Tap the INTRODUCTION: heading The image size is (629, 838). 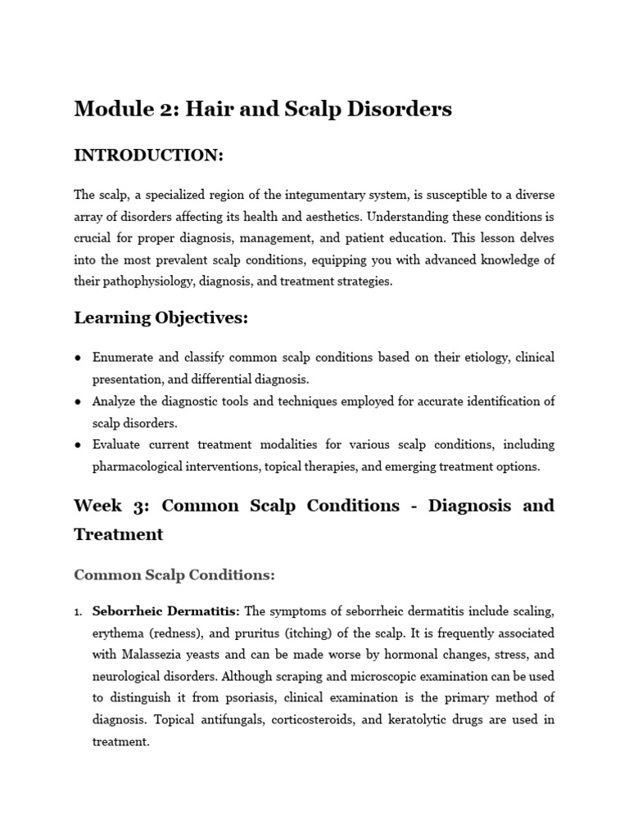[x=148, y=155]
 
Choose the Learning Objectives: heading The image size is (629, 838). [x=161, y=318]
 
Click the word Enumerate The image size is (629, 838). [x=125, y=358]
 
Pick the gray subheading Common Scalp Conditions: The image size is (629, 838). [x=174, y=574]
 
